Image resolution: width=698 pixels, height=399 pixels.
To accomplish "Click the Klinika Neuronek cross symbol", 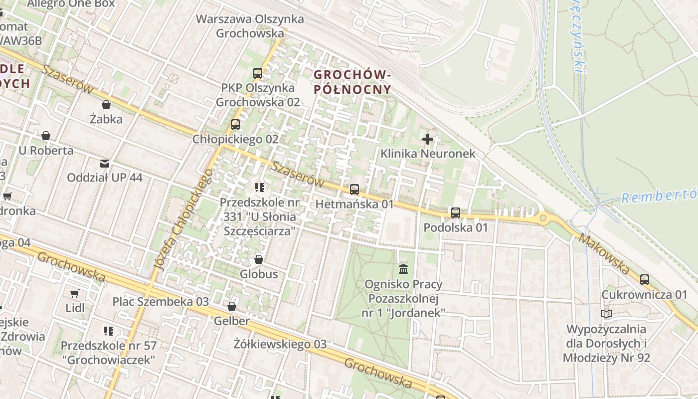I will tap(427, 139).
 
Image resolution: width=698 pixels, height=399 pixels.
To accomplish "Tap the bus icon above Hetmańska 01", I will tap(354, 190).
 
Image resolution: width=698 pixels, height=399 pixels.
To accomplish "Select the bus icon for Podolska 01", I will tap(455, 213).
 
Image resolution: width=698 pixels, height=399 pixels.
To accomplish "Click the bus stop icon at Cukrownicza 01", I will tap(644, 280).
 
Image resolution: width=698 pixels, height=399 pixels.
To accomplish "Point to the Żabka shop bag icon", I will tap(106, 105).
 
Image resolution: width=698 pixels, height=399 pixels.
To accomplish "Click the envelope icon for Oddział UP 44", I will tap(105, 164).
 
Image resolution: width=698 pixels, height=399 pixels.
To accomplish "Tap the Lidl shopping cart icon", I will tap(75, 293).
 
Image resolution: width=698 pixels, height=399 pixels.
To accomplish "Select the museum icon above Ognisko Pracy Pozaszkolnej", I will tap(403, 269).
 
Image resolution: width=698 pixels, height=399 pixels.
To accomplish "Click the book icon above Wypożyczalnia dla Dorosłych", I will tap(606, 314).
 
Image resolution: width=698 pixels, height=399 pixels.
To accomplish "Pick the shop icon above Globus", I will tap(258, 259).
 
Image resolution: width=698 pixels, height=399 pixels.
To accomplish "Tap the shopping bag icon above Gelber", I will tap(231, 306).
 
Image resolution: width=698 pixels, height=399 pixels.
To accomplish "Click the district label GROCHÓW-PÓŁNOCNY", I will tap(352, 82).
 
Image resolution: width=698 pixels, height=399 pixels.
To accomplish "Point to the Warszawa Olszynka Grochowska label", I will tap(250, 26).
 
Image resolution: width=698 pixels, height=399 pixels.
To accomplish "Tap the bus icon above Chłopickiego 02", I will tap(235, 125).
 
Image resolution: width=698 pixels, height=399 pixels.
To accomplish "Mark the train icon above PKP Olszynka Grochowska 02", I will tap(257, 73).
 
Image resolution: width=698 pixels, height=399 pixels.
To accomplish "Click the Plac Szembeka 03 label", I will tap(161, 302).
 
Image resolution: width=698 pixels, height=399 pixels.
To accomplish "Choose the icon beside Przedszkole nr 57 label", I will tap(108, 331).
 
